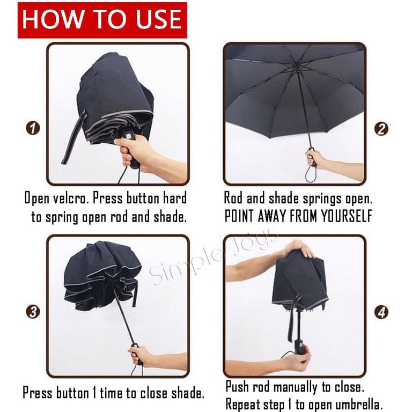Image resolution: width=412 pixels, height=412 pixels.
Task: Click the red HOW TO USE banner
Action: click(x=102, y=20)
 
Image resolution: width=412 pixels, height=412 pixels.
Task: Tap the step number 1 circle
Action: click(x=33, y=129)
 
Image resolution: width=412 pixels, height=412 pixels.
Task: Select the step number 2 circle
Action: click(x=381, y=129)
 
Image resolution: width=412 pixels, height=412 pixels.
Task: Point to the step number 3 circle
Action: click(x=33, y=312)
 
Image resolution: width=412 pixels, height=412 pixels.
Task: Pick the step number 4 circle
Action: click(x=381, y=312)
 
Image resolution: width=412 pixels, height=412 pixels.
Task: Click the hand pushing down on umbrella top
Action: click(x=299, y=248)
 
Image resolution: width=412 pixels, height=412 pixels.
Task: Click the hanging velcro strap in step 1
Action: click(x=75, y=138)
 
